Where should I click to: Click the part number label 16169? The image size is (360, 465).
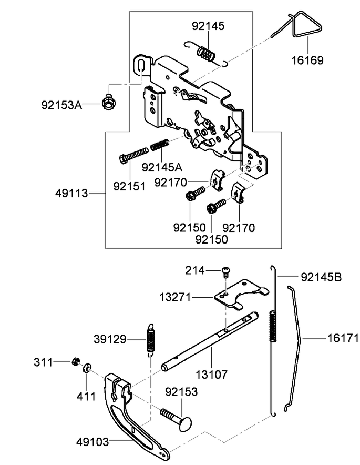point(307,60)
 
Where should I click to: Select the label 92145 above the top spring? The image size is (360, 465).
point(208,26)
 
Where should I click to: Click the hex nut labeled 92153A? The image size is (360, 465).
point(109,103)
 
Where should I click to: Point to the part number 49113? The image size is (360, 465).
point(71,194)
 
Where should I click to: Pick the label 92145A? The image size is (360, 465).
point(162,167)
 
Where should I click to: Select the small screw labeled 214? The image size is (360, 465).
point(226,272)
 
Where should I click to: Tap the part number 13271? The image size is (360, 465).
point(176,298)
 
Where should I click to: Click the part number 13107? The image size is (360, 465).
point(212,375)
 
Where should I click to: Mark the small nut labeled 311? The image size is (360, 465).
point(75,361)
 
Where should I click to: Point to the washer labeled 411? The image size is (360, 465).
point(87,366)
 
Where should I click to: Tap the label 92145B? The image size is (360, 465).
point(321,277)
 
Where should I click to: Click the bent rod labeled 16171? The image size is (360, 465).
point(298,337)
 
